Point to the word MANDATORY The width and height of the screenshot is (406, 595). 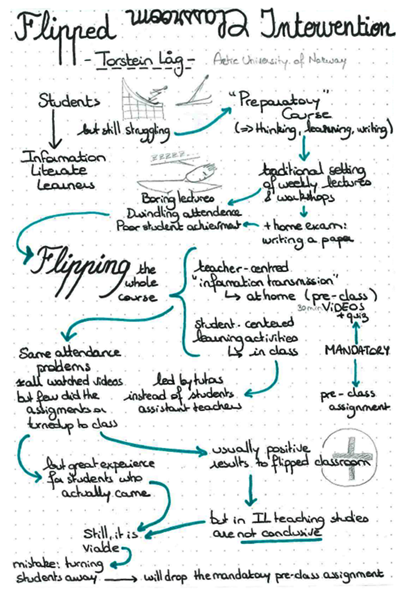click(x=357, y=350)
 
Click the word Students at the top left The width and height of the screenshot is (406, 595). click(x=69, y=101)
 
